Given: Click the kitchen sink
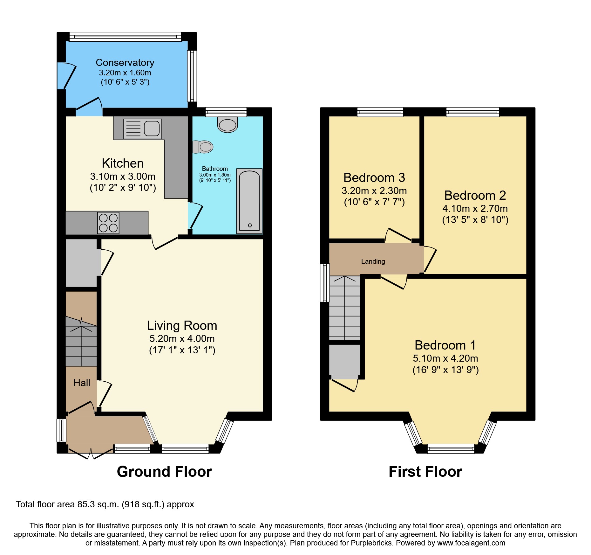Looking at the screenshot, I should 143,129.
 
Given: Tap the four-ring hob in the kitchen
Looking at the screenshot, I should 108,223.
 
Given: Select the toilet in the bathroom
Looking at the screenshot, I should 203,147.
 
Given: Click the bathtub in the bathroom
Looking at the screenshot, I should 249,201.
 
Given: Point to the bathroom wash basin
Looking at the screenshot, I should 228,124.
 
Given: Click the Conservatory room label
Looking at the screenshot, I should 125,63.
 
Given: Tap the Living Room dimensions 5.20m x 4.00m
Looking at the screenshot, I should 182,339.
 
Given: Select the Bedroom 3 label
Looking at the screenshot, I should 374,177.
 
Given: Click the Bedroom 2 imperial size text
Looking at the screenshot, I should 475,220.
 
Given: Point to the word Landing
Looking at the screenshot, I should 373,261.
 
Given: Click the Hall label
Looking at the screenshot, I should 82,383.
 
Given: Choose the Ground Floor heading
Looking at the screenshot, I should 164,472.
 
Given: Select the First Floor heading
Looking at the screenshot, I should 425,472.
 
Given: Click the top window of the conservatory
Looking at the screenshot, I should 125,37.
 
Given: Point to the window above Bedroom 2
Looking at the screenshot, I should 472,112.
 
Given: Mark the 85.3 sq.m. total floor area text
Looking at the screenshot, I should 105,504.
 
